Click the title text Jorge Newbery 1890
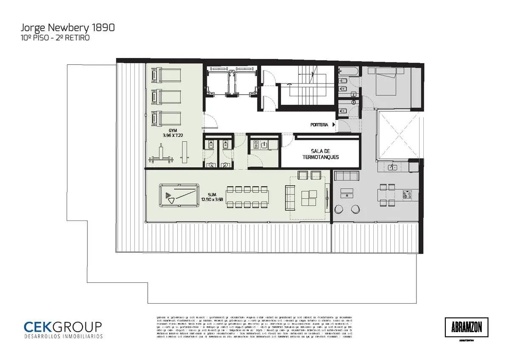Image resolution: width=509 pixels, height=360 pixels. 67,28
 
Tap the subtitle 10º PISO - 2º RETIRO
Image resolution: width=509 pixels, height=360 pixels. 55,38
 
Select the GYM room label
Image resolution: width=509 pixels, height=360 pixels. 173,130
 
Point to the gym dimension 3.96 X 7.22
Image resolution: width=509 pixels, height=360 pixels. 173,136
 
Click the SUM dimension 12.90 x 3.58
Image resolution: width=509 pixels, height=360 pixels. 213,198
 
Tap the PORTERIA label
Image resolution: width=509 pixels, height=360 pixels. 319,125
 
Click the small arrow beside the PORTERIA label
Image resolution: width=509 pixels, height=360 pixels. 334,125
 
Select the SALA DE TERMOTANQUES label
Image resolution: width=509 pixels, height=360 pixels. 320,154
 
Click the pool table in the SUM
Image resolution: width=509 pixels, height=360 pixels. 179,195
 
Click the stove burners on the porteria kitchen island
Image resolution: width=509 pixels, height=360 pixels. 408,195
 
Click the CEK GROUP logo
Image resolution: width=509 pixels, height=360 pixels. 63,329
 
